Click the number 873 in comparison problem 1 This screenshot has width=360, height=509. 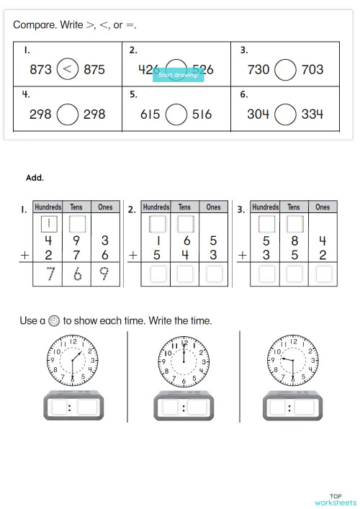pos(40,70)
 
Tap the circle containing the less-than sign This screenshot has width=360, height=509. pos(68,70)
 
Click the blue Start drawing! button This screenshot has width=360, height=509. pos(178,75)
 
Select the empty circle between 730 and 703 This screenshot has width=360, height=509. pos(286,70)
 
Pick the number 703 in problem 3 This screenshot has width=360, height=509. pos(312,70)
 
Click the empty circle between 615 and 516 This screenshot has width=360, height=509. pos(177,114)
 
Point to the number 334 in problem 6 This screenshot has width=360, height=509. pos(312,114)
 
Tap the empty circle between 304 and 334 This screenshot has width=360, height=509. pos(286,114)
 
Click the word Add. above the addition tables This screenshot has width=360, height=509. pos(35,177)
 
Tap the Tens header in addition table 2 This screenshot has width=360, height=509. pos(185,207)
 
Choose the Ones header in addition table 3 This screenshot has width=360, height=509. pos(323,207)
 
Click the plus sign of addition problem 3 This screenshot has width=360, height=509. pos(243,255)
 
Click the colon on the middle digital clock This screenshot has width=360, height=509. pos(183,408)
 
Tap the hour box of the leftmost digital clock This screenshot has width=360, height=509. pos(60,407)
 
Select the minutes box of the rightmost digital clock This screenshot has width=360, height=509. pos(305,407)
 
